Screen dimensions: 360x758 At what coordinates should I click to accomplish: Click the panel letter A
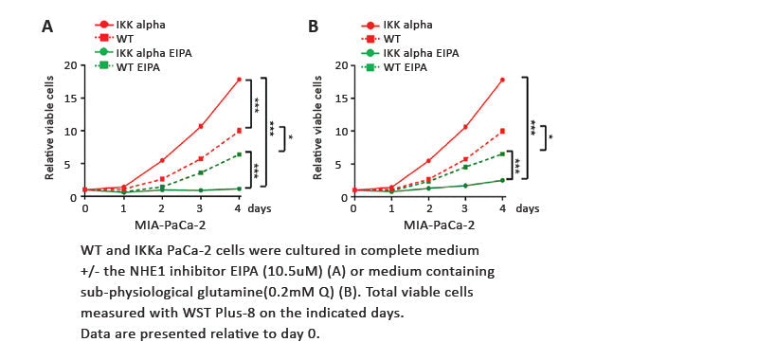46,27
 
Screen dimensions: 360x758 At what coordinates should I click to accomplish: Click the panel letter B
313,27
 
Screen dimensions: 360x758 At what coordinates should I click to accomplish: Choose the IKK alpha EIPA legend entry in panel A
152,53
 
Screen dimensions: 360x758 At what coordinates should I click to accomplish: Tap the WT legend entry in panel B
393,38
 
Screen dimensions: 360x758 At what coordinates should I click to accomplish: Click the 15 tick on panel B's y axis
341,98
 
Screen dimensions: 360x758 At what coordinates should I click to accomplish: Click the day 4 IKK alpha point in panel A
239,80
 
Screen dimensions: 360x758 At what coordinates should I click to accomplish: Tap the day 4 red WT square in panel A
239,131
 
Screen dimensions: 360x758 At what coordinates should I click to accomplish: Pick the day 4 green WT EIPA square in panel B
502,153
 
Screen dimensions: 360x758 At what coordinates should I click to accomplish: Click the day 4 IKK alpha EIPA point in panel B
502,180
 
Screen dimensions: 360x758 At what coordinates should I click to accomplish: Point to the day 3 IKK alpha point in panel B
465,127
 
